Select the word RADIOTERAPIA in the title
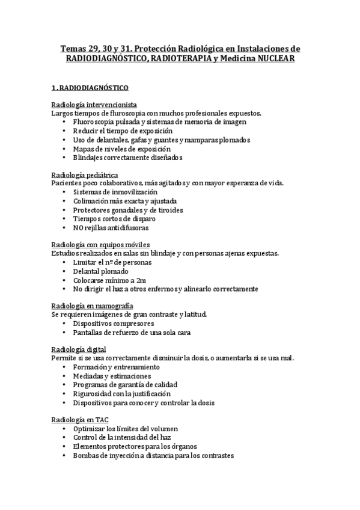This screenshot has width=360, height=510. (x=183, y=60)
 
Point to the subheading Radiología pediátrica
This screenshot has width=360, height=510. (x=84, y=174)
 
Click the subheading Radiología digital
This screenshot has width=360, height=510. (x=79, y=349)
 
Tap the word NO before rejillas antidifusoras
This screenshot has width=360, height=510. (x=78, y=228)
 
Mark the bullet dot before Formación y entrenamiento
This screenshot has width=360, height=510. (x=65, y=367)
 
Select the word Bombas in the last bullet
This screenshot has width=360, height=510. (x=85, y=455)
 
